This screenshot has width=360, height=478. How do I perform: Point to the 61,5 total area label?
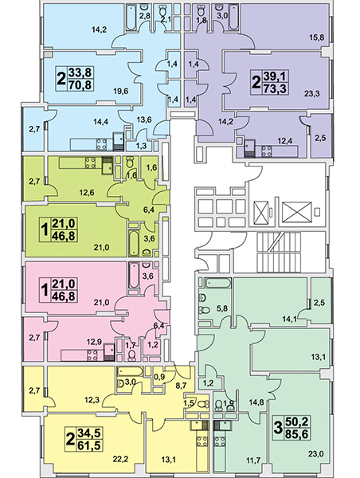tap(89, 445)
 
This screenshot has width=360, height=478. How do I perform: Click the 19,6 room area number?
tap(120, 92)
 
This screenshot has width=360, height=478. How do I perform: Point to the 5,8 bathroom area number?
tap(221, 308)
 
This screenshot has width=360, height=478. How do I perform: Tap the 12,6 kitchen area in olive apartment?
tap(87, 192)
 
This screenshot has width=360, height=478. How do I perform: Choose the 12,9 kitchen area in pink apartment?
tap(86, 341)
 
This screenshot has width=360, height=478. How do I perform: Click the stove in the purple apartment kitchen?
tap(268, 151)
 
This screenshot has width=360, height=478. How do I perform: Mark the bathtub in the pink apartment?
tap(134, 276)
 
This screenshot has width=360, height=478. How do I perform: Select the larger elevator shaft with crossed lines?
tap(296, 212)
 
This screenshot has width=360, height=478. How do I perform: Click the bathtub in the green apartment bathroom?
tap(218, 283)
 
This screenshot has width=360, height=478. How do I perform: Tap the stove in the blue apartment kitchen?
tap(101, 144)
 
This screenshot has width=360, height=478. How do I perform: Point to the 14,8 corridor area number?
tap(256, 402)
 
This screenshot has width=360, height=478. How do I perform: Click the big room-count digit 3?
tap(278, 429)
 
